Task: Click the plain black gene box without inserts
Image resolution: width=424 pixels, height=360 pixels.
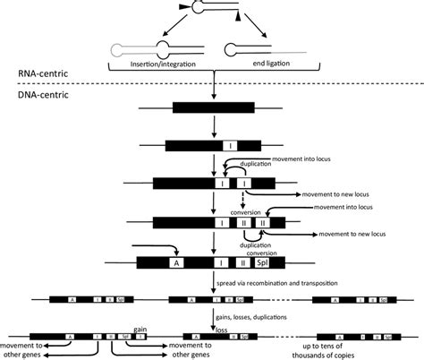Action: point(212,107)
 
